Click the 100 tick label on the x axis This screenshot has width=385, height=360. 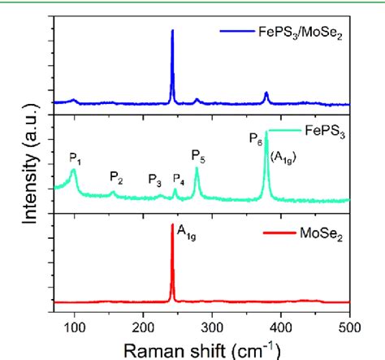coord(74,327)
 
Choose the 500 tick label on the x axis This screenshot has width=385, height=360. coord(349,327)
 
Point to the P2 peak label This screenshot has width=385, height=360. coord(116,177)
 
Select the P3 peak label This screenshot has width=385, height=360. coord(154,180)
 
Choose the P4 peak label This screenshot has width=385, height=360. coord(179,180)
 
